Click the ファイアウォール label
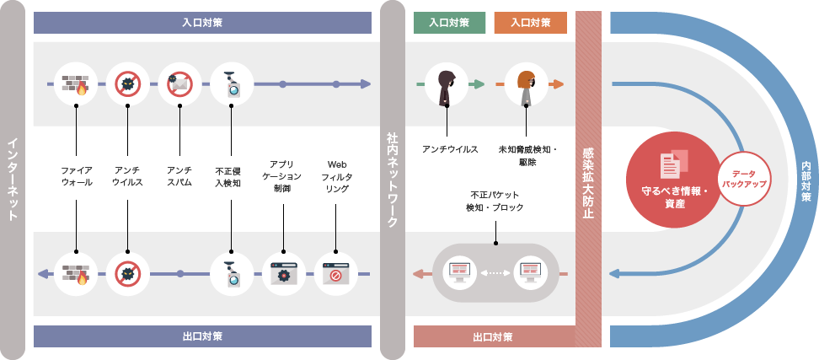(x=77, y=175)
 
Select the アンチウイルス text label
(x=127, y=175)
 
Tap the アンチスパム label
(x=179, y=175)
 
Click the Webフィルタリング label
(x=336, y=175)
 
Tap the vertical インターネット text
(x=13, y=180)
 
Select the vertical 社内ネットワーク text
(x=392, y=180)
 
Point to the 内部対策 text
(x=806, y=180)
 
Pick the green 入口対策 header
(x=448, y=23)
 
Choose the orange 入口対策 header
(x=530, y=23)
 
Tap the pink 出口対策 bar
(x=492, y=336)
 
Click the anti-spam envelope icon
(x=179, y=84)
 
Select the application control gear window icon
(x=283, y=273)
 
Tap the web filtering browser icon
(x=335, y=273)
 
